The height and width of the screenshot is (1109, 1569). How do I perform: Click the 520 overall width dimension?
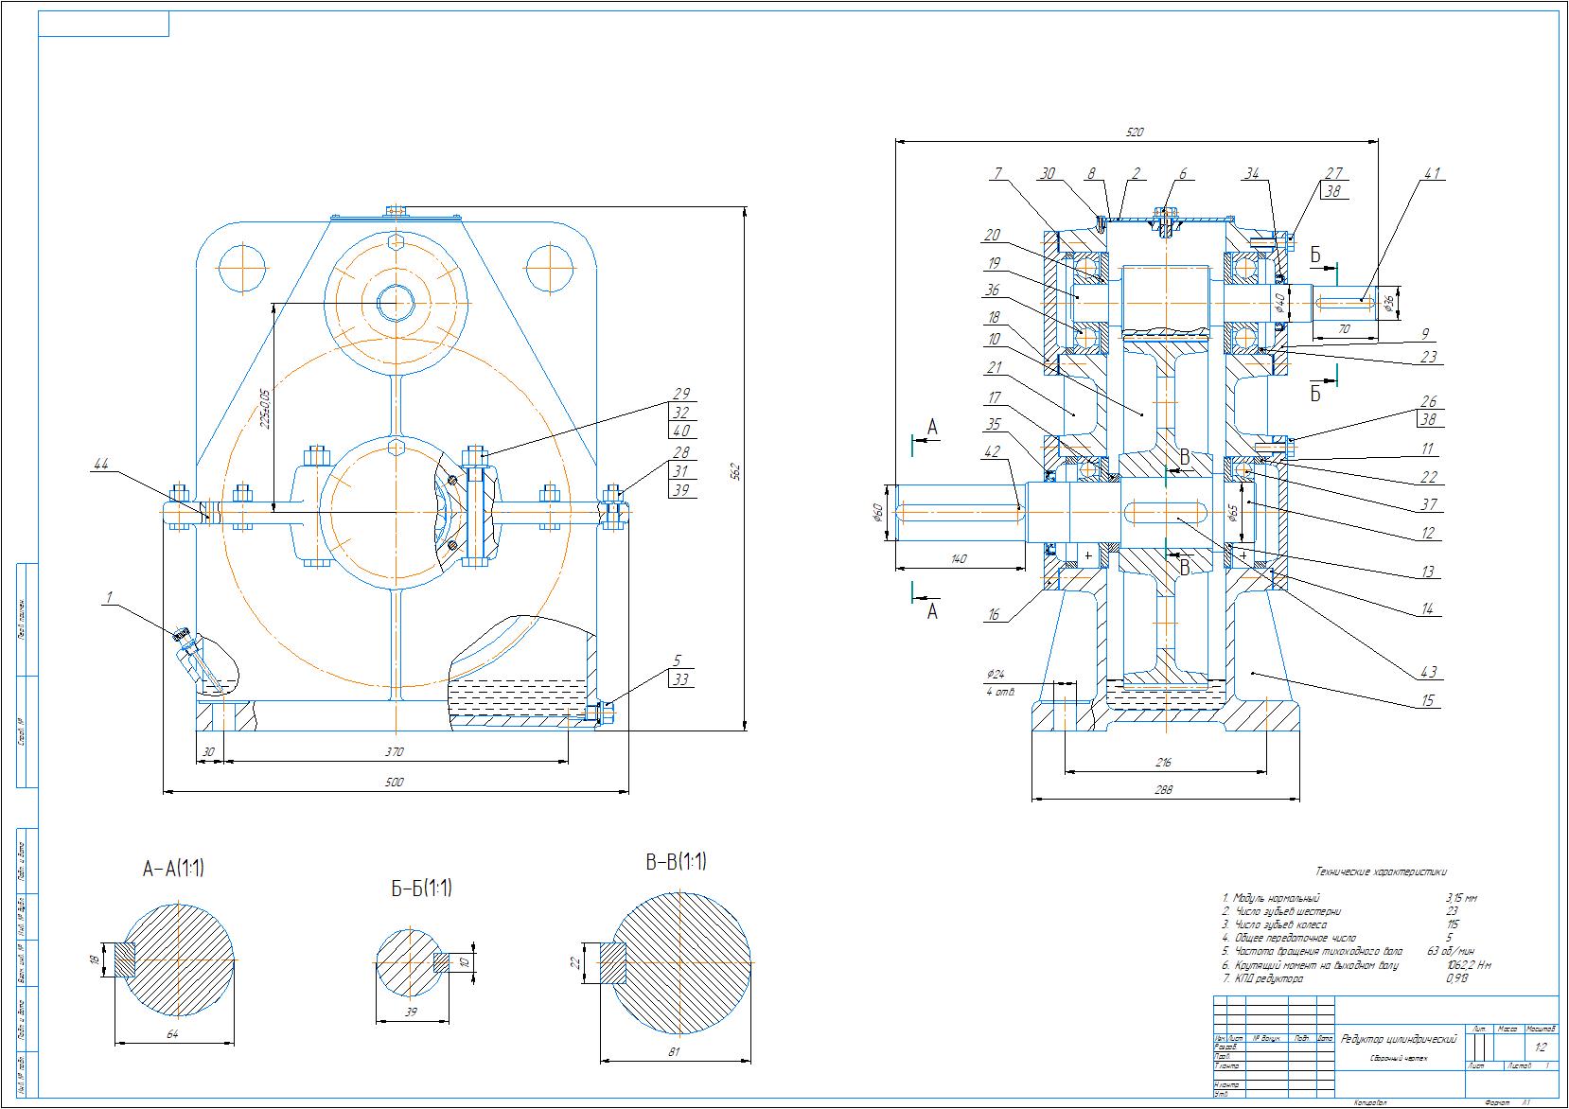[1136, 133]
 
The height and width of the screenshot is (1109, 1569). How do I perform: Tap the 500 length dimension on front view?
[395, 782]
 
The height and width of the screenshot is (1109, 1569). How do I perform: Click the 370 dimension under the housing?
[395, 752]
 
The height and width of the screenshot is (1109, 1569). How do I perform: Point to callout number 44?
[101, 463]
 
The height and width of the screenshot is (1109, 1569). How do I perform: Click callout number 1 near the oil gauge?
[109, 597]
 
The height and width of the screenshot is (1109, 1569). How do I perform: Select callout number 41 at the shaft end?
[1431, 174]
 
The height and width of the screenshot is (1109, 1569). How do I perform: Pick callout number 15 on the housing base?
[1428, 700]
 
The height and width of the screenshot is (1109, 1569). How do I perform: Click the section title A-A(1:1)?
[173, 869]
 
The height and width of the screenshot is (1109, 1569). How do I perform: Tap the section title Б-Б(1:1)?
[421, 889]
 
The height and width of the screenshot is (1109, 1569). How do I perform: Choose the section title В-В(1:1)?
[676, 862]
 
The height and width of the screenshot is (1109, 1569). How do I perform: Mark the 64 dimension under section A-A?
[172, 1034]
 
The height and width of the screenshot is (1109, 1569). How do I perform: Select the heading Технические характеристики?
[1381, 871]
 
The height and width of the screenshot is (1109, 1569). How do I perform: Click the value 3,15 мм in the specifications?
[1461, 898]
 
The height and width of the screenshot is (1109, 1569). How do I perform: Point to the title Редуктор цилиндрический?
[1399, 1039]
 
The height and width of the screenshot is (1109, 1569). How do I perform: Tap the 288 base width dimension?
[1164, 791]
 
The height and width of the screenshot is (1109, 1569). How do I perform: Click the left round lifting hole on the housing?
[241, 268]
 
